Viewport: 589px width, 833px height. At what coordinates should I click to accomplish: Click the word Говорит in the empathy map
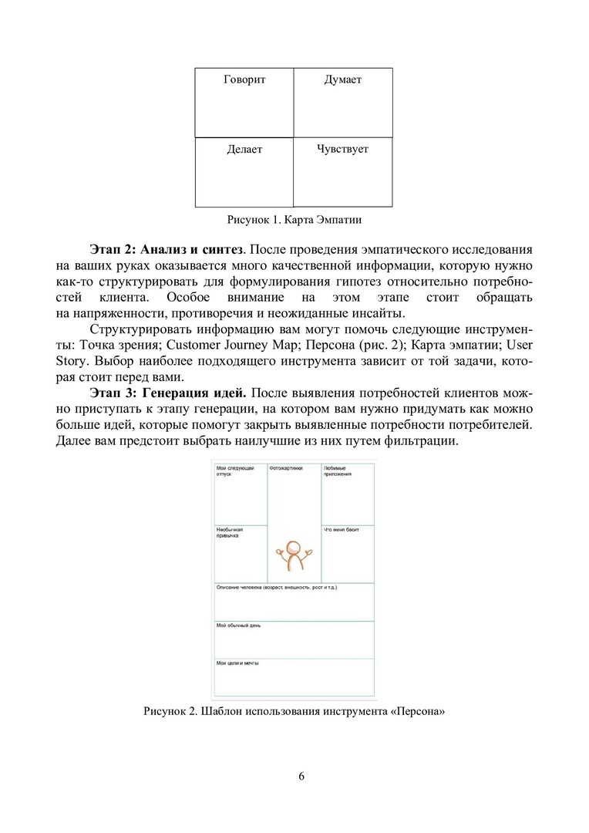pyautogui.click(x=244, y=79)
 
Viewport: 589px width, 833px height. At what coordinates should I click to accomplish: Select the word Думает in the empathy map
pyautogui.click(x=343, y=79)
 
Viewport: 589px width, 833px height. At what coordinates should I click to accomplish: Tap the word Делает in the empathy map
pyautogui.click(x=244, y=149)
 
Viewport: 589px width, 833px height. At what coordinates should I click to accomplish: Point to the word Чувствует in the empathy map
pyautogui.click(x=342, y=149)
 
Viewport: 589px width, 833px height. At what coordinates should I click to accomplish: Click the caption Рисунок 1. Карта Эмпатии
pyautogui.click(x=294, y=220)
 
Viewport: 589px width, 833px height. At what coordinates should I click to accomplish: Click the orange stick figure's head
pyautogui.click(x=292, y=548)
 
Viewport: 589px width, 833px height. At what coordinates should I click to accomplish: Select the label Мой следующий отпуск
pyautogui.click(x=231, y=471)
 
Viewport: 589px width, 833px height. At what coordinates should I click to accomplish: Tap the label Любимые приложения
pyautogui.click(x=338, y=471)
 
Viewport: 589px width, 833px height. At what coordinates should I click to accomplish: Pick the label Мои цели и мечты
pyautogui.click(x=237, y=663)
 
